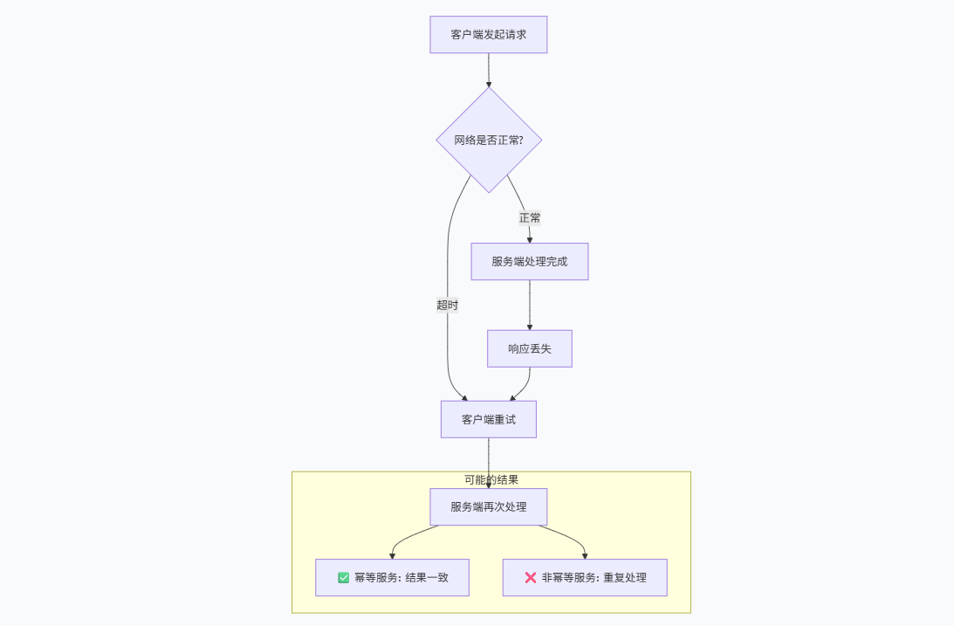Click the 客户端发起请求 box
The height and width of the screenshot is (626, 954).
click(488, 35)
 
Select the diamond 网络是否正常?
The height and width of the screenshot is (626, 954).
click(489, 140)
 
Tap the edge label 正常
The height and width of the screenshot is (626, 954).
click(530, 217)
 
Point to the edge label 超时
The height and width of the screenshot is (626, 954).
click(447, 305)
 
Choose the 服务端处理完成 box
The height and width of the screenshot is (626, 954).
click(530, 261)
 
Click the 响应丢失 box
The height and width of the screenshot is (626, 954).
click(530, 348)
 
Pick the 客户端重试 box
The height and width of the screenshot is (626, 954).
click(488, 419)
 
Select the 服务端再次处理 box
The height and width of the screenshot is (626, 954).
click(488, 506)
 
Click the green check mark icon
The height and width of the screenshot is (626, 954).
click(343, 578)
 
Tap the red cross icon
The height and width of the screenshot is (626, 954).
click(530, 578)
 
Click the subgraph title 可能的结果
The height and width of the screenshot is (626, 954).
click(491, 479)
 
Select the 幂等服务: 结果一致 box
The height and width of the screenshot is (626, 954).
click(392, 578)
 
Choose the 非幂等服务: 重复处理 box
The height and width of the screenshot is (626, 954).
click(585, 578)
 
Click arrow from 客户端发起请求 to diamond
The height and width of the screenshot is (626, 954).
click(489, 71)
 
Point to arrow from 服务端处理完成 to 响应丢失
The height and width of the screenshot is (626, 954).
click(530, 306)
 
